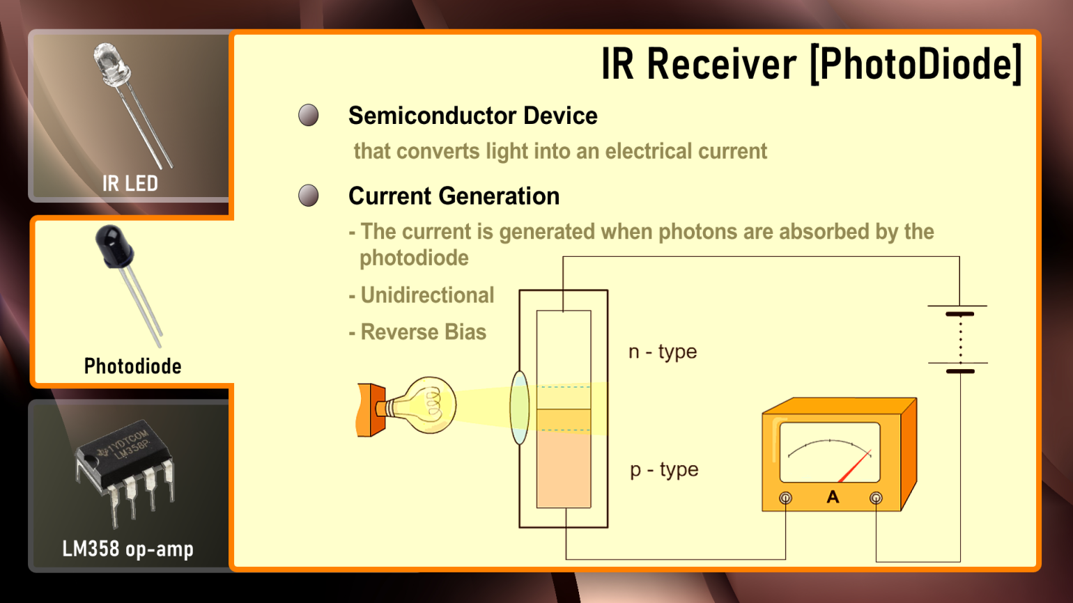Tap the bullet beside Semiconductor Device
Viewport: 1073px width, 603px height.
(x=309, y=116)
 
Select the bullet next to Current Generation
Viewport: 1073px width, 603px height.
(x=309, y=196)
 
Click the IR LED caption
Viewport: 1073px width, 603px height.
(x=130, y=184)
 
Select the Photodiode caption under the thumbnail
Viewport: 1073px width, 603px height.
(x=132, y=366)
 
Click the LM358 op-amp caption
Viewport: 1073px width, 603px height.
(x=128, y=549)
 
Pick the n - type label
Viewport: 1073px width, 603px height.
(x=663, y=352)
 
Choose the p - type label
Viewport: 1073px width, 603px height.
(x=664, y=470)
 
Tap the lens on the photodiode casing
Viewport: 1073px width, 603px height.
(x=520, y=408)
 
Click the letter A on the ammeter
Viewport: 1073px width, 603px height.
(x=833, y=497)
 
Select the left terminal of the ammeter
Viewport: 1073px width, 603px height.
(x=785, y=498)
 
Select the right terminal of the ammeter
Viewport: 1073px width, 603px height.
(x=876, y=498)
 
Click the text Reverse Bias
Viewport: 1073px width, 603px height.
(x=423, y=332)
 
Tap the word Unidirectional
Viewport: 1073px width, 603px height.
(x=427, y=295)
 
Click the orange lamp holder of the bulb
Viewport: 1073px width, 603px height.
(x=371, y=409)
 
